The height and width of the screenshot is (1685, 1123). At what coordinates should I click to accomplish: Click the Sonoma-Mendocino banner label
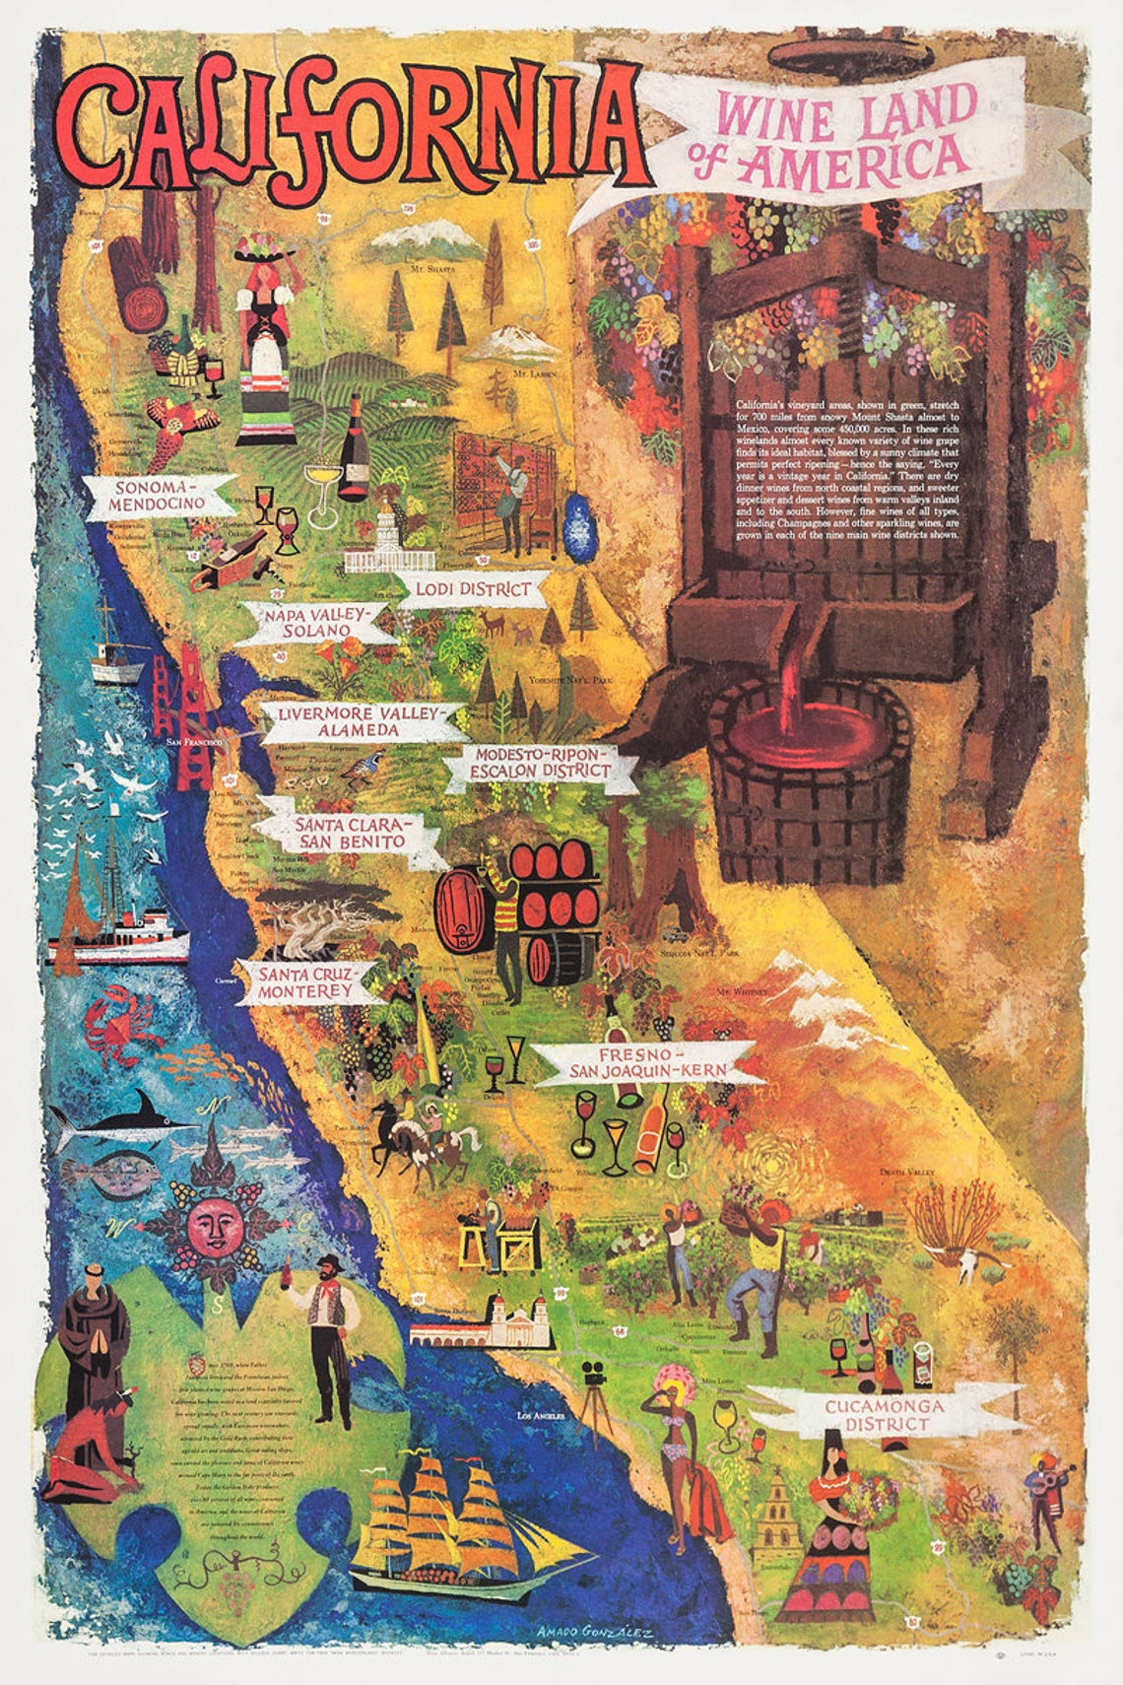point(159,496)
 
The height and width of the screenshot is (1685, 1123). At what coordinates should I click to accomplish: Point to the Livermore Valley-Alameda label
point(352,721)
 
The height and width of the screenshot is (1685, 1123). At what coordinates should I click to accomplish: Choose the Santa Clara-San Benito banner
point(350,833)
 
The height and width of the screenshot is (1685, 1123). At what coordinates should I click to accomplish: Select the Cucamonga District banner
point(884,1415)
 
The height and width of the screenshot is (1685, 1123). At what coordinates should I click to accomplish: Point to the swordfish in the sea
point(123,1118)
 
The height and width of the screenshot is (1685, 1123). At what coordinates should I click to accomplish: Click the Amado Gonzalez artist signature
point(595,1630)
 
